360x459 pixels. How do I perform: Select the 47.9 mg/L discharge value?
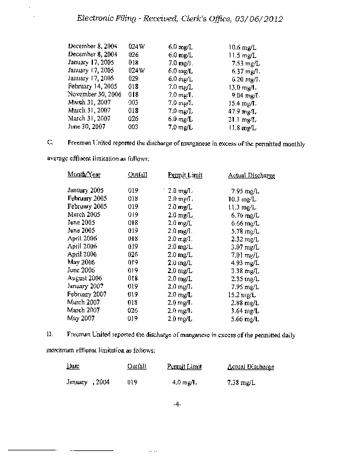242,111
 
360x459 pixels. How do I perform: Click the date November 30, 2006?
95,94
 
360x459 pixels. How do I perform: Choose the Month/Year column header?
84,174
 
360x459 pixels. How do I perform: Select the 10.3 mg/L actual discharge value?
242,198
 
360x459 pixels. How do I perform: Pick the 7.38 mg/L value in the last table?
241,382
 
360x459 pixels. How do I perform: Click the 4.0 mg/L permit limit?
185,382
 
